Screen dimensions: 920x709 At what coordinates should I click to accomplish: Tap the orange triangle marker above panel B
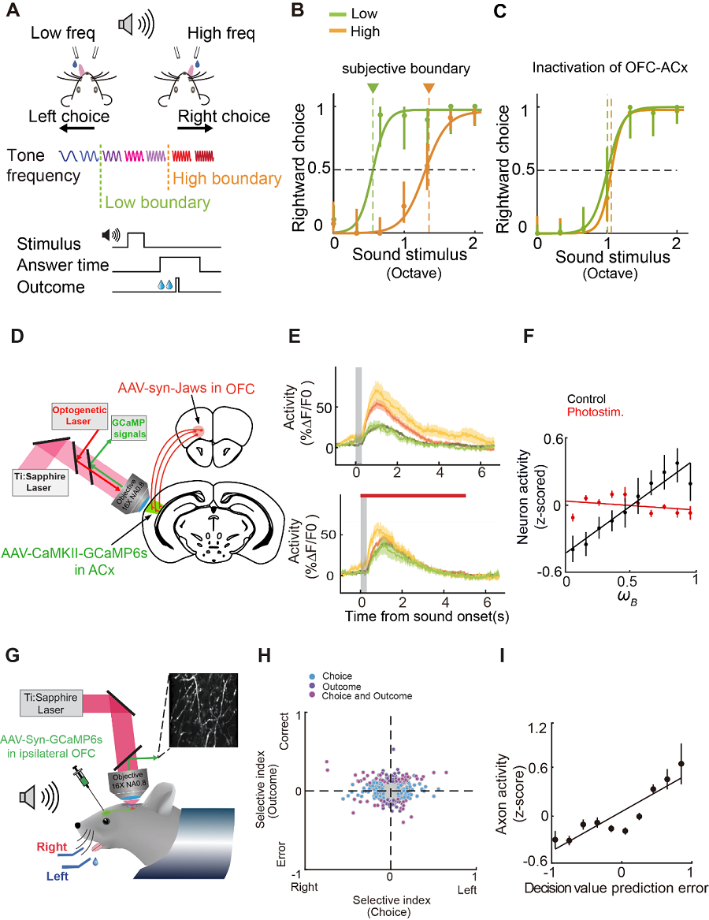[429, 88]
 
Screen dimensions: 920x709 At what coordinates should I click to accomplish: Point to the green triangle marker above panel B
[373, 88]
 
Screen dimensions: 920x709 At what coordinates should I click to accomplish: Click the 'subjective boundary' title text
[406, 69]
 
